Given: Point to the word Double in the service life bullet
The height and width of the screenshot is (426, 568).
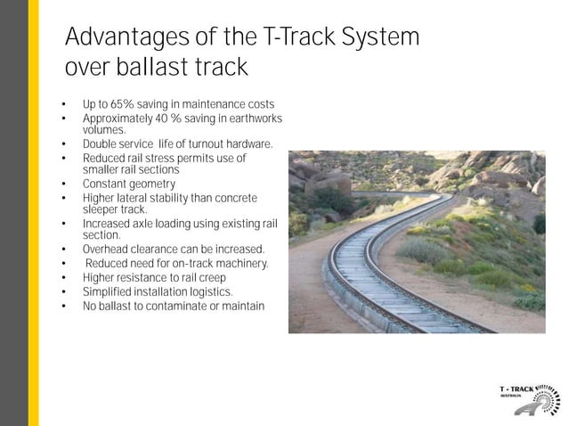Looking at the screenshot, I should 100,143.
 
